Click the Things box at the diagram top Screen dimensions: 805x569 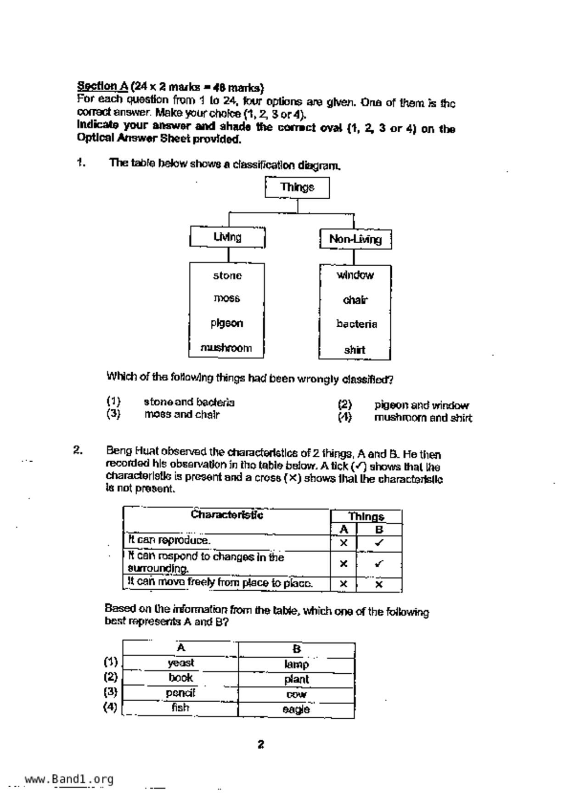[297, 187]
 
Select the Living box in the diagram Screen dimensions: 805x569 [227, 237]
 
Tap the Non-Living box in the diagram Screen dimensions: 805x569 [355, 239]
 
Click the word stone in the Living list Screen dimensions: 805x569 [227, 275]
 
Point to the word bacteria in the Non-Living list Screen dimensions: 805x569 [356, 324]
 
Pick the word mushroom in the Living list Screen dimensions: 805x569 [226, 348]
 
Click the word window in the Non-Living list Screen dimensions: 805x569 [355, 275]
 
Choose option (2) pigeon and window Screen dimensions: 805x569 [421, 405]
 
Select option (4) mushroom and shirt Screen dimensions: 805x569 [423, 418]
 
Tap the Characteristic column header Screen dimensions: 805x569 [227, 514]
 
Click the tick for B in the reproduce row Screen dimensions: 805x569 [379, 542]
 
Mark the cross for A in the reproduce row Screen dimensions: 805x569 [344, 542]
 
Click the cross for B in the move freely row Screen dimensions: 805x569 [379, 584]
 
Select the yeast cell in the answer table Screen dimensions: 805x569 [180, 663]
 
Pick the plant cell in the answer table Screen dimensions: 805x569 [296, 679]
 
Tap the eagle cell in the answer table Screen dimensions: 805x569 [296, 710]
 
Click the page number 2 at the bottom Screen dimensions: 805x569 [261, 744]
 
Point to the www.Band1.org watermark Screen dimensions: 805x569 [69, 779]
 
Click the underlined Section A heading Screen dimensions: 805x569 [102, 86]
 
